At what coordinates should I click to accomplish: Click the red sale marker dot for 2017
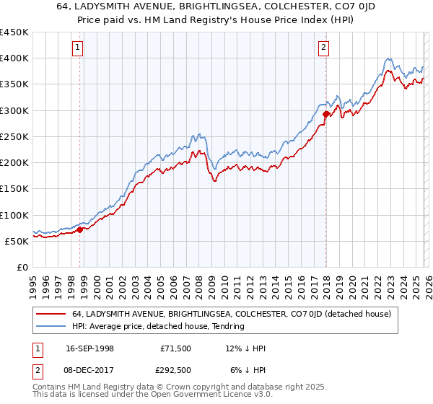(325, 113)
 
